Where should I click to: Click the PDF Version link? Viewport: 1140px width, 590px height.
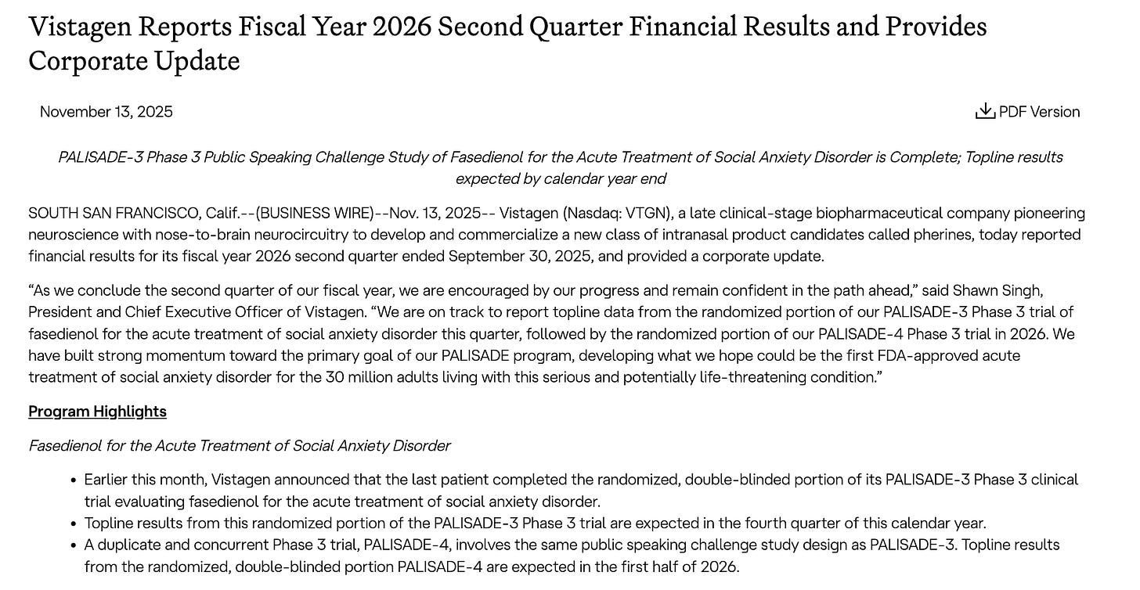(x=1039, y=112)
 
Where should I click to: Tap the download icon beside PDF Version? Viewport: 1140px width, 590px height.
(x=985, y=111)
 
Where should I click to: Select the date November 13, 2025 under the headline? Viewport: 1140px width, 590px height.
(x=106, y=112)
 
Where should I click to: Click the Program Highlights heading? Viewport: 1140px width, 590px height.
(x=97, y=412)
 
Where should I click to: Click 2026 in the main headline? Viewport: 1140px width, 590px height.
(x=401, y=27)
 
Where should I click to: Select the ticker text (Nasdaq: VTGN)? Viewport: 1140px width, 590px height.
(x=608, y=213)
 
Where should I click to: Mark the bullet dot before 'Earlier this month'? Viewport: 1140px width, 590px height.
(x=74, y=480)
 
